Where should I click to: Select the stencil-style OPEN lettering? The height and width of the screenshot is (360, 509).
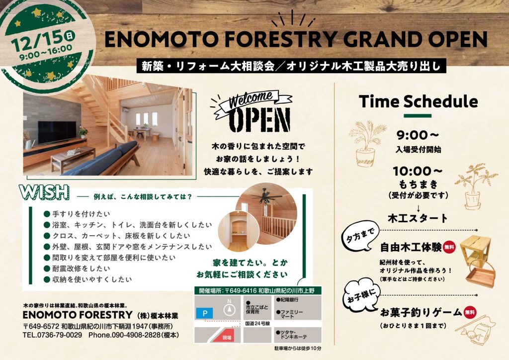pyautogui.click(x=259, y=120)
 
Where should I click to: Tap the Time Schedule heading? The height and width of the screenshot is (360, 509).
pyautogui.click(x=419, y=101)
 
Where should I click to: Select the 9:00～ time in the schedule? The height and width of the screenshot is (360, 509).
pyautogui.click(x=418, y=135)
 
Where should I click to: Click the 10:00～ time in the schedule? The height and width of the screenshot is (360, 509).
pyautogui.click(x=418, y=172)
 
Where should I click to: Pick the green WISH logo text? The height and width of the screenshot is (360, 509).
pyautogui.click(x=44, y=192)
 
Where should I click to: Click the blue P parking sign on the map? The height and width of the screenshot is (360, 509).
pyautogui.click(x=204, y=313)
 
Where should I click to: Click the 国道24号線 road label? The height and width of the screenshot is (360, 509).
pyautogui.click(x=258, y=323)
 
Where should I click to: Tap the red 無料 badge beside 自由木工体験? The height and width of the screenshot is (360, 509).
pyautogui.click(x=449, y=247)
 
